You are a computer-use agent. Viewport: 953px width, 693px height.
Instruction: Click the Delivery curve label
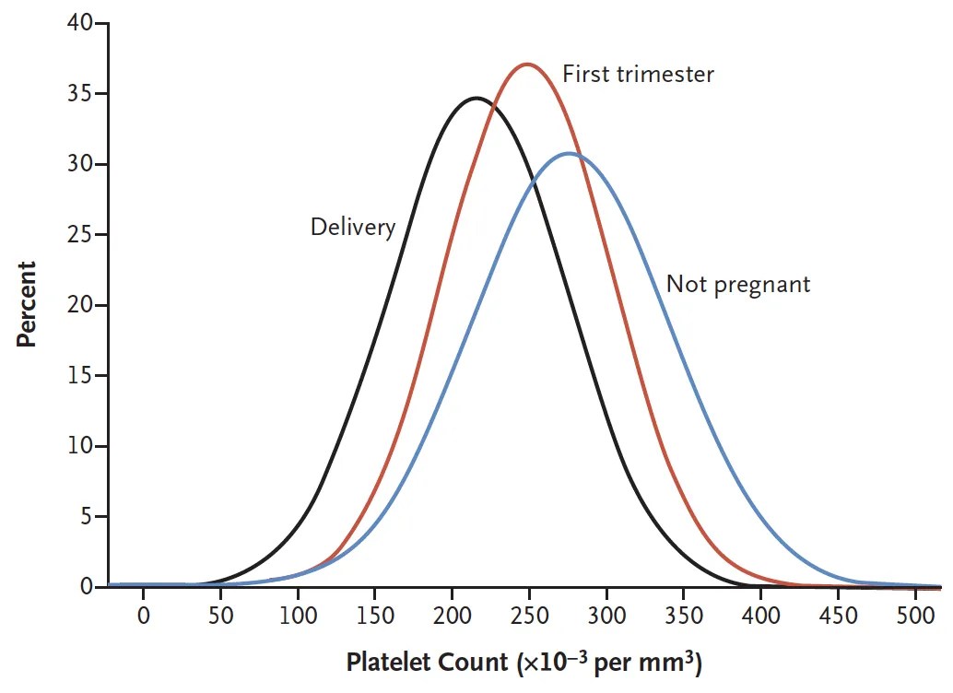coord(353,227)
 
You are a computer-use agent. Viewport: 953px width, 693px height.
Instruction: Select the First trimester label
coord(638,74)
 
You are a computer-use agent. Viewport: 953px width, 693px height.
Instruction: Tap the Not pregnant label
coord(738,283)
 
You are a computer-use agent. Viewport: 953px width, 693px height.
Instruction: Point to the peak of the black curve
coord(476,98)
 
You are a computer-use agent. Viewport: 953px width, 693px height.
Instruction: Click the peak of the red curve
coord(526,65)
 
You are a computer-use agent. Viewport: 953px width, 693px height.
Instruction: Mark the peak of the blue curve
coord(570,153)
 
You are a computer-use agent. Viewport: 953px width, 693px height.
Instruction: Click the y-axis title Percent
coord(27,304)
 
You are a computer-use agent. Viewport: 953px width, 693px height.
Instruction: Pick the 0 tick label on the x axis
coord(143,615)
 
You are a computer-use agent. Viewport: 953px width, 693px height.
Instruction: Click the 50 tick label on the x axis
coord(220,615)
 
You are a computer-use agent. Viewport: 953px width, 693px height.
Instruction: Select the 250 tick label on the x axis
coord(528,615)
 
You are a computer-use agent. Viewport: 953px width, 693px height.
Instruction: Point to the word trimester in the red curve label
coord(665,74)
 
